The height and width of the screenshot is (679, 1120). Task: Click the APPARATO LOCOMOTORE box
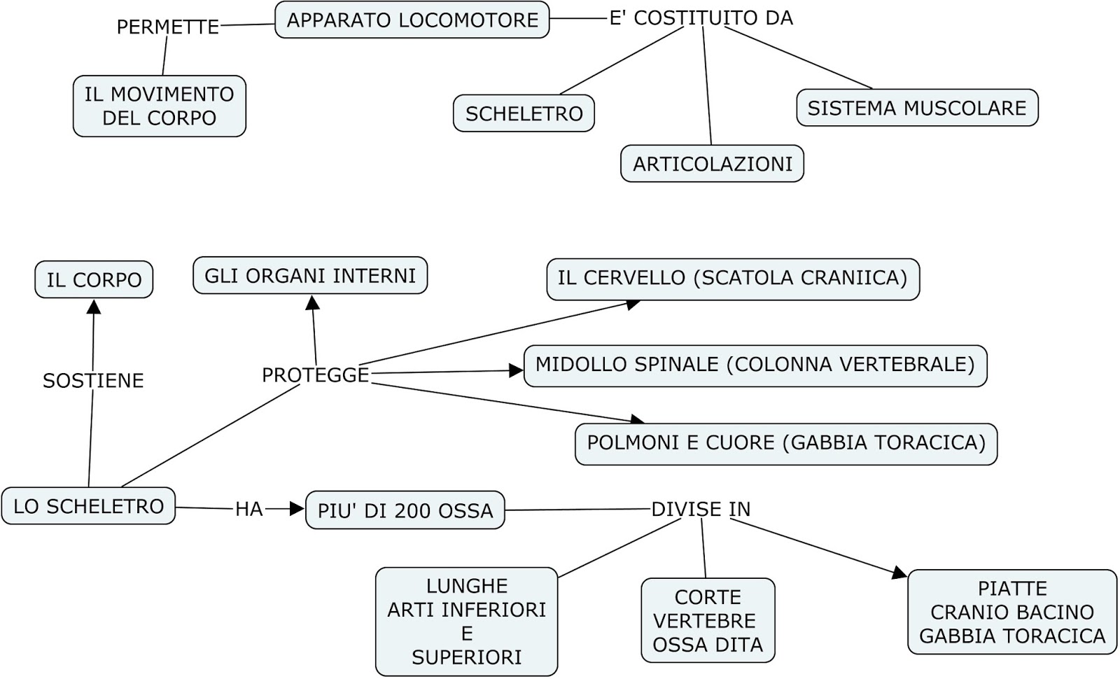click(412, 20)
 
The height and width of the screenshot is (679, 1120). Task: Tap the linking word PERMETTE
click(167, 27)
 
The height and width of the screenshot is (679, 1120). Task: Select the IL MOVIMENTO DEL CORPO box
click(160, 106)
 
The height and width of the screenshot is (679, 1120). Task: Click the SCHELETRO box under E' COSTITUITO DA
click(524, 113)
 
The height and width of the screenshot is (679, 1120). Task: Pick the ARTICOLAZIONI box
click(712, 164)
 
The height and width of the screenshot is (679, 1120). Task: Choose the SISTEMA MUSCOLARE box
click(916, 108)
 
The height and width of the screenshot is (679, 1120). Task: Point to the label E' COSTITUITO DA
click(701, 18)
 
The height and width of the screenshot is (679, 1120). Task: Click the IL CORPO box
click(94, 279)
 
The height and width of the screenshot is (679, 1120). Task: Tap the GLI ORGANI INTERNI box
click(310, 275)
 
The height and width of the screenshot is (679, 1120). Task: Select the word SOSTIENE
click(93, 380)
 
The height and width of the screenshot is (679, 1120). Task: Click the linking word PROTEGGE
click(315, 375)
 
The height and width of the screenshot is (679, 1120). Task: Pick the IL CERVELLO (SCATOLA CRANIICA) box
click(732, 278)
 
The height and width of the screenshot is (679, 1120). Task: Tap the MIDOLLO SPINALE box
click(755, 365)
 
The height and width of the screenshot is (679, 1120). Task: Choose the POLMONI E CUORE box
click(785, 443)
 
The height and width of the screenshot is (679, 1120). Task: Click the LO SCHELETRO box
click(88, 506)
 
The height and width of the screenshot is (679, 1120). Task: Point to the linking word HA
click(248, 509)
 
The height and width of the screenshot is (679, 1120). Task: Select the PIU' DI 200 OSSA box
click(405, 510)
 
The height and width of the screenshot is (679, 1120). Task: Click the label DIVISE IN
click(701, 509)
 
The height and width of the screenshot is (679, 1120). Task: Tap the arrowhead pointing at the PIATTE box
click(900, 573)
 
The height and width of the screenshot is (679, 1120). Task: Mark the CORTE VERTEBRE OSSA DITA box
click(708, 620)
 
